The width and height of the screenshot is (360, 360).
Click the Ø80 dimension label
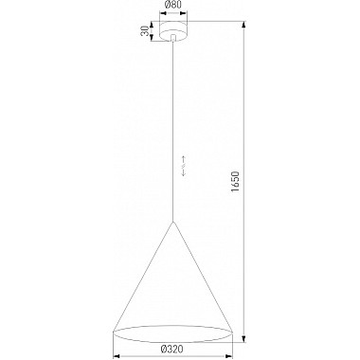(172, 9)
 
